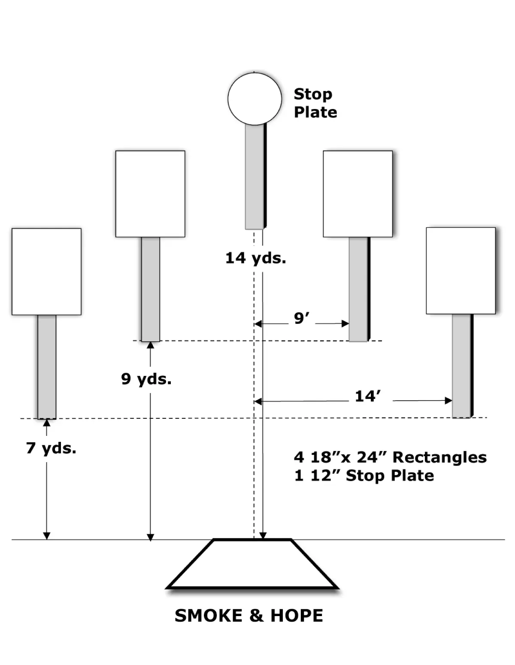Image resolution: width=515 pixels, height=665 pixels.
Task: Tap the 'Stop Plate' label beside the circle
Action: (315, 103)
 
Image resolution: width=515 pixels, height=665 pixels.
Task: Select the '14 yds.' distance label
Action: (255, 258)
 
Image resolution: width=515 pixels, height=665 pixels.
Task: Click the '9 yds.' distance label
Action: (146, 379)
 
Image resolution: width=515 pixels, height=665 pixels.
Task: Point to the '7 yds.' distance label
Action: (51, 448)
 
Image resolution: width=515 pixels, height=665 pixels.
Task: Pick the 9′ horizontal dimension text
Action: (301, 318)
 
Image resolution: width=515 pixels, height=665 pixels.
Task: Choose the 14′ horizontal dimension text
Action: (367, 396)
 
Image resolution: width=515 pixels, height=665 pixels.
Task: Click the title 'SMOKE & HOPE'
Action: (249, 615)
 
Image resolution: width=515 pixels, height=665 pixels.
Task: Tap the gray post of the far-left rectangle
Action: (47, 367)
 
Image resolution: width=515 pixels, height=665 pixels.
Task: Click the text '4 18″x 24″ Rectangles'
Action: (390, 457)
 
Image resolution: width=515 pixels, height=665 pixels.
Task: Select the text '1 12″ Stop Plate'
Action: (364, 475)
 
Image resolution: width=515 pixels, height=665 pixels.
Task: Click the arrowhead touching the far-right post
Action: (448, 400)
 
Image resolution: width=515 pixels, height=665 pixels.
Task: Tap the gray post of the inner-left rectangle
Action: (150, 289)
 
